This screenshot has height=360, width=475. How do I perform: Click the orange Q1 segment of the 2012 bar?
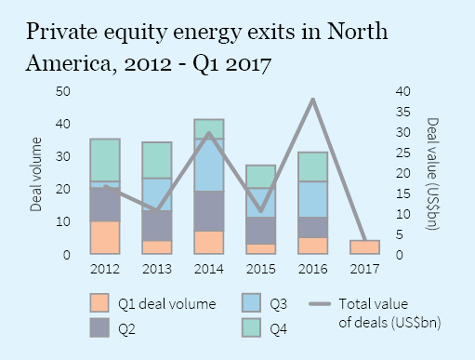[x=105, y=237]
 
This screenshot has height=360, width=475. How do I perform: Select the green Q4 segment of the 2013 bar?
[x=157, y=160]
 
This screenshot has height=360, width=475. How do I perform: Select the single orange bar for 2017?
[x=365, y=247]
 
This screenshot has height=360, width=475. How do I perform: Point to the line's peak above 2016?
[x=313, y=98]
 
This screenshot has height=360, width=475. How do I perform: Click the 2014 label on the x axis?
[x=209, y=269]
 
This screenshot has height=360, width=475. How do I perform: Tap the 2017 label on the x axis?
[x=365, y=269]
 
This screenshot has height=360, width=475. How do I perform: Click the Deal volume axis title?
[x=36, y=173]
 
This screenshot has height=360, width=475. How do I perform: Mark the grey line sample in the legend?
[x=320, y=303]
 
